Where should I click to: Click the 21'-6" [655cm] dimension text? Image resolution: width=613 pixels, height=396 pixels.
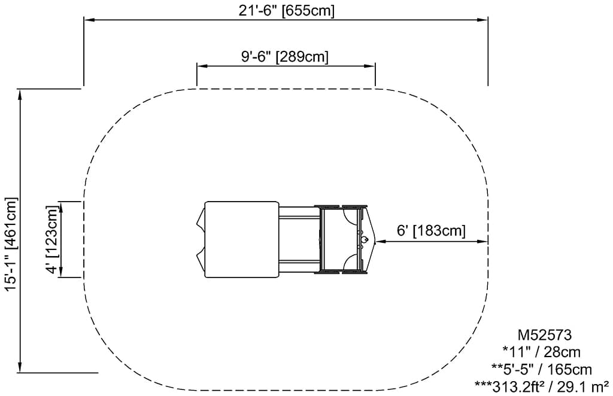287,11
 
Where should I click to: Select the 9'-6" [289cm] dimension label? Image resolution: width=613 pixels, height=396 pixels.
285,57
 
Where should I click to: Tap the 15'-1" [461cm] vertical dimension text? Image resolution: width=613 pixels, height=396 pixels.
11,245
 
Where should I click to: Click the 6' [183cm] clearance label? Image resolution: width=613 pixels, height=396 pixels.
431,230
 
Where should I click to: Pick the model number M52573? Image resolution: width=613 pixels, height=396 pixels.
545,335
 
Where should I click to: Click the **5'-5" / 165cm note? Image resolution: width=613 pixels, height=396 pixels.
542,369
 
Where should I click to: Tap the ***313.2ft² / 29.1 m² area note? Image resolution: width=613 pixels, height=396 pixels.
541,386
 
